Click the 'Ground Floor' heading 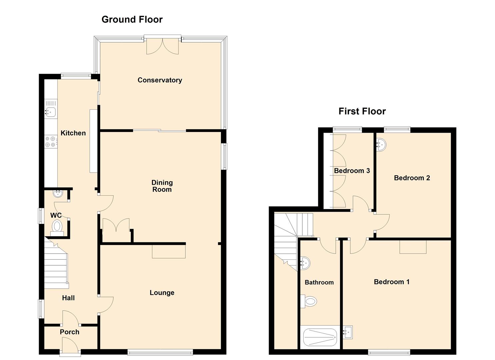(132, 20)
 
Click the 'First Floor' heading (362, 111)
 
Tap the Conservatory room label (160, 80)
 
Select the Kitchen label (73, 133)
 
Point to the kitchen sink (50, 112)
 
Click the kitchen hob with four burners (51, 142)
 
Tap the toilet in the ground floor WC (57, 228)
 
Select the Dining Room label (162, 186)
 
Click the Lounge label (162, 293)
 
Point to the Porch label (70, 332)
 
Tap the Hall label (68, 298)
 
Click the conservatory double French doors (163, 46)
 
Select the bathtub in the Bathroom (320, 337)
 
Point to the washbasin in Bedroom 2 (381, 145)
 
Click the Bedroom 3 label (352, 171)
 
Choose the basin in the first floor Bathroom (305, 263)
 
